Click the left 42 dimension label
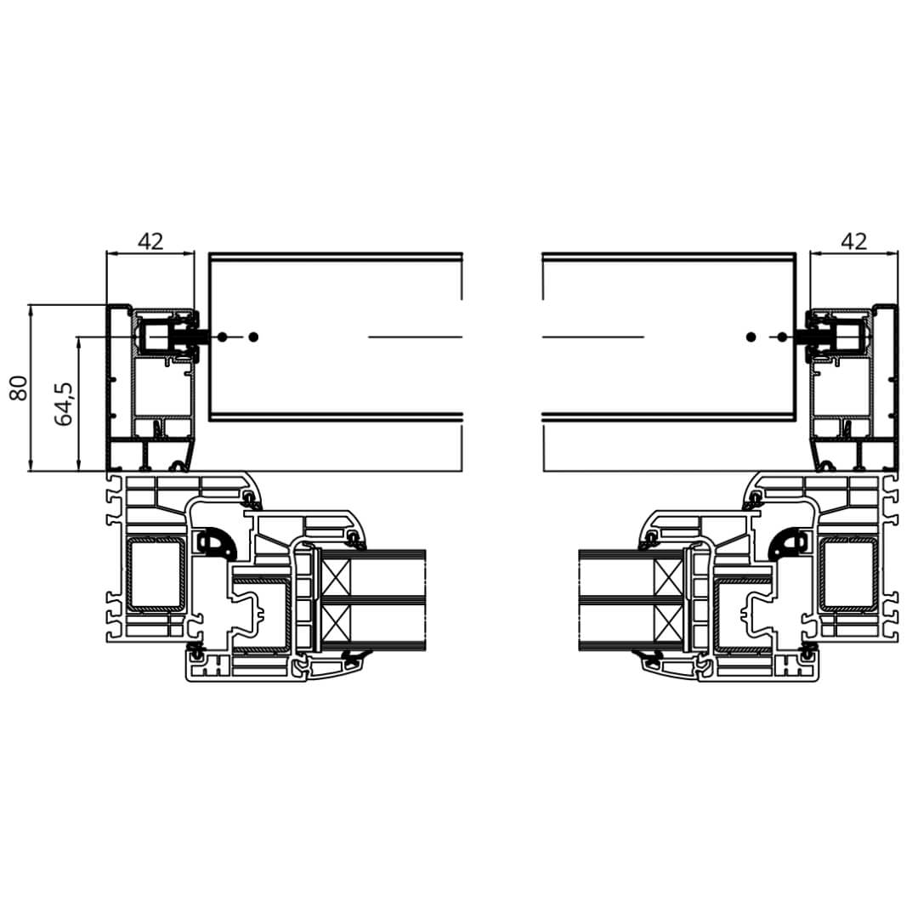(150, 241)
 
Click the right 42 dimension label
(853, 241)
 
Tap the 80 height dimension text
(19, 388)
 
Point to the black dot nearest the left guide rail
(222, 337)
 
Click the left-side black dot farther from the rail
(253, 337)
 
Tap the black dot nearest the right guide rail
(782, 337)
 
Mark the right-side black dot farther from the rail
(751, 337)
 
